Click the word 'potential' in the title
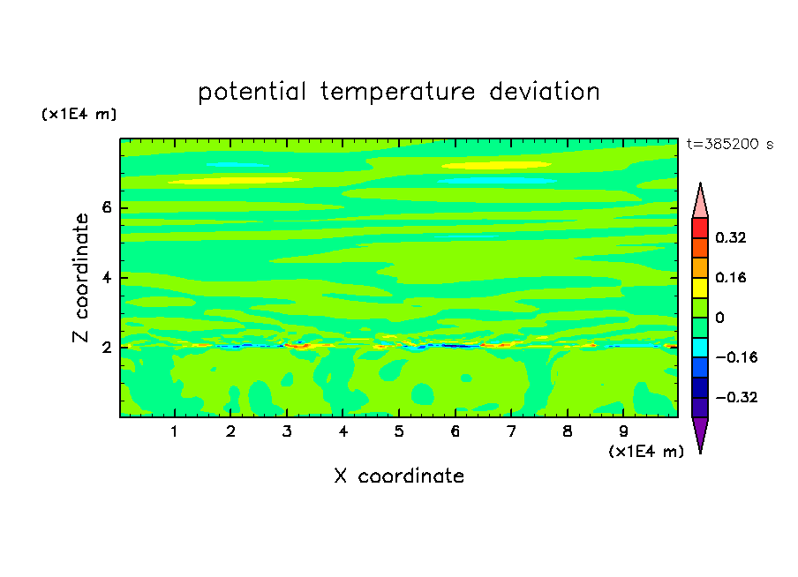click(252, 93)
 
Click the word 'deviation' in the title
click(545, 92)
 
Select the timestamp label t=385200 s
click(730, 144)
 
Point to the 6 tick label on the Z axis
click(107, 207)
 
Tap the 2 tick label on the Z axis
click(107, 348)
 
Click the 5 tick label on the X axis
click(399, 431)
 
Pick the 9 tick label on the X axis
click(623, 431)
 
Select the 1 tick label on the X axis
click(175, 431)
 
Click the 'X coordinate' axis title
click(399, 476)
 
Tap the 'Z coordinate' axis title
click(81, 277)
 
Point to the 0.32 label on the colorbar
click(730, 237)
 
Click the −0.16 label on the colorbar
click(736, 357)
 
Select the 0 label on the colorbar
click(719, 318)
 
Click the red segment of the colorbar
click(700, 228)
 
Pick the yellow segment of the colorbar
click(700, 288)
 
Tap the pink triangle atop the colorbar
click(700, 202)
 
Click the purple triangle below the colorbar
click(700, 434)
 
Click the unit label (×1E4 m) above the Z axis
click(79, 115)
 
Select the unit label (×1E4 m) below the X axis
click(646, 452)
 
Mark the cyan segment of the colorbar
click(700, 348)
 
